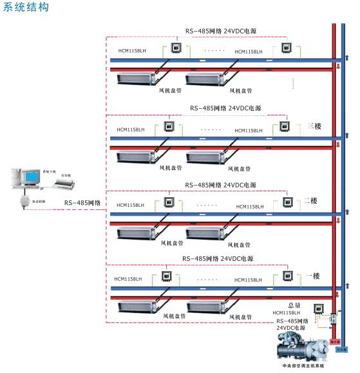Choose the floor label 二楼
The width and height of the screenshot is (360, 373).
[310, 201]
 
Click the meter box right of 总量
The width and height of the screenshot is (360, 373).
[317, 308]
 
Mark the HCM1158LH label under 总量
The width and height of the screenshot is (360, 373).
[287, 313]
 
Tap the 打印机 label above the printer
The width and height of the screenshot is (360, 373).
[66, 174]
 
